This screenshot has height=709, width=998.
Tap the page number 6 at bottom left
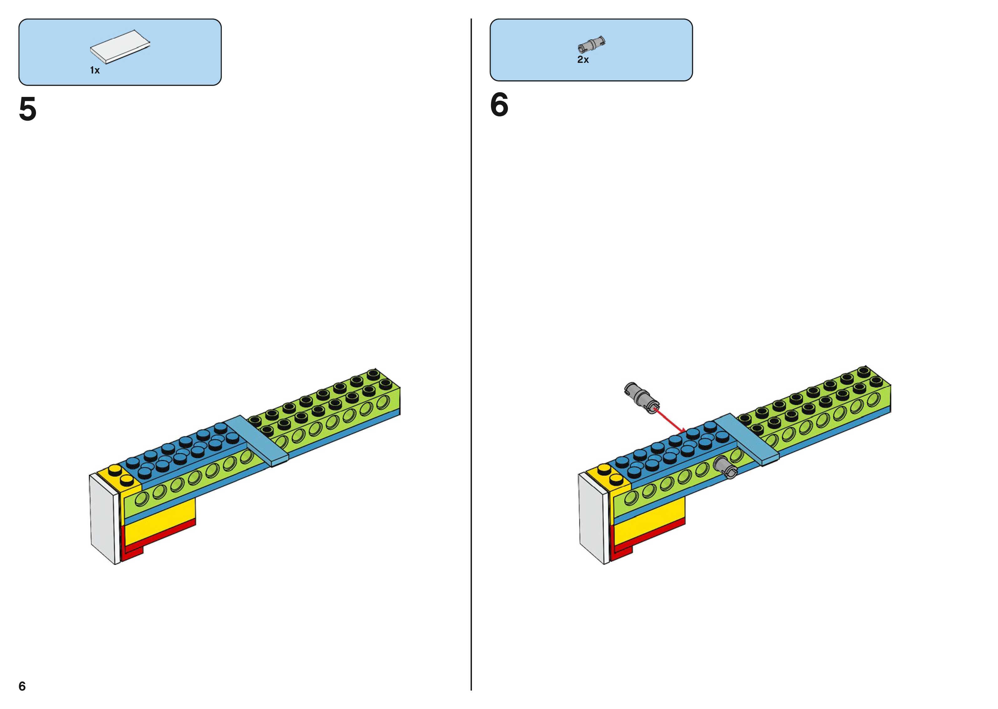(22, 686)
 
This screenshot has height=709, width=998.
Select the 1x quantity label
(95, 70)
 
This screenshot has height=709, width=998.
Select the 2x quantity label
(583, 60)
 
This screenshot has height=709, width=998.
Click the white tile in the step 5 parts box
(120, 47)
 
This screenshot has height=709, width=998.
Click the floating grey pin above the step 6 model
(641, 397)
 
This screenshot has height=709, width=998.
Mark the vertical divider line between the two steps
(471, 349)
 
